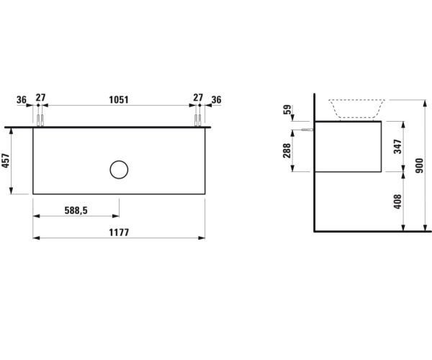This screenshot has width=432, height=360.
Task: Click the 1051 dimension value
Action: [119, 99]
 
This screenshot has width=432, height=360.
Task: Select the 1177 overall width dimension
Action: [119, 233]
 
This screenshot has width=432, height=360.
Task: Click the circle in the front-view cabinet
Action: [119, 170]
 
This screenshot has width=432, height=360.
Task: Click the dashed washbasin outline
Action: [356, 109]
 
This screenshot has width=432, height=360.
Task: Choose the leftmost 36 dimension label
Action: [21, 99]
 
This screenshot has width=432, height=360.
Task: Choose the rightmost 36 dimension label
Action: [216, 99]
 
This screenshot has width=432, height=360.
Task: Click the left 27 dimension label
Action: [40, 99]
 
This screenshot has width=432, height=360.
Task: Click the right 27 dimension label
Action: [197, 99]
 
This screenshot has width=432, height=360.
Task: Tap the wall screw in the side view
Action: [308, 130]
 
